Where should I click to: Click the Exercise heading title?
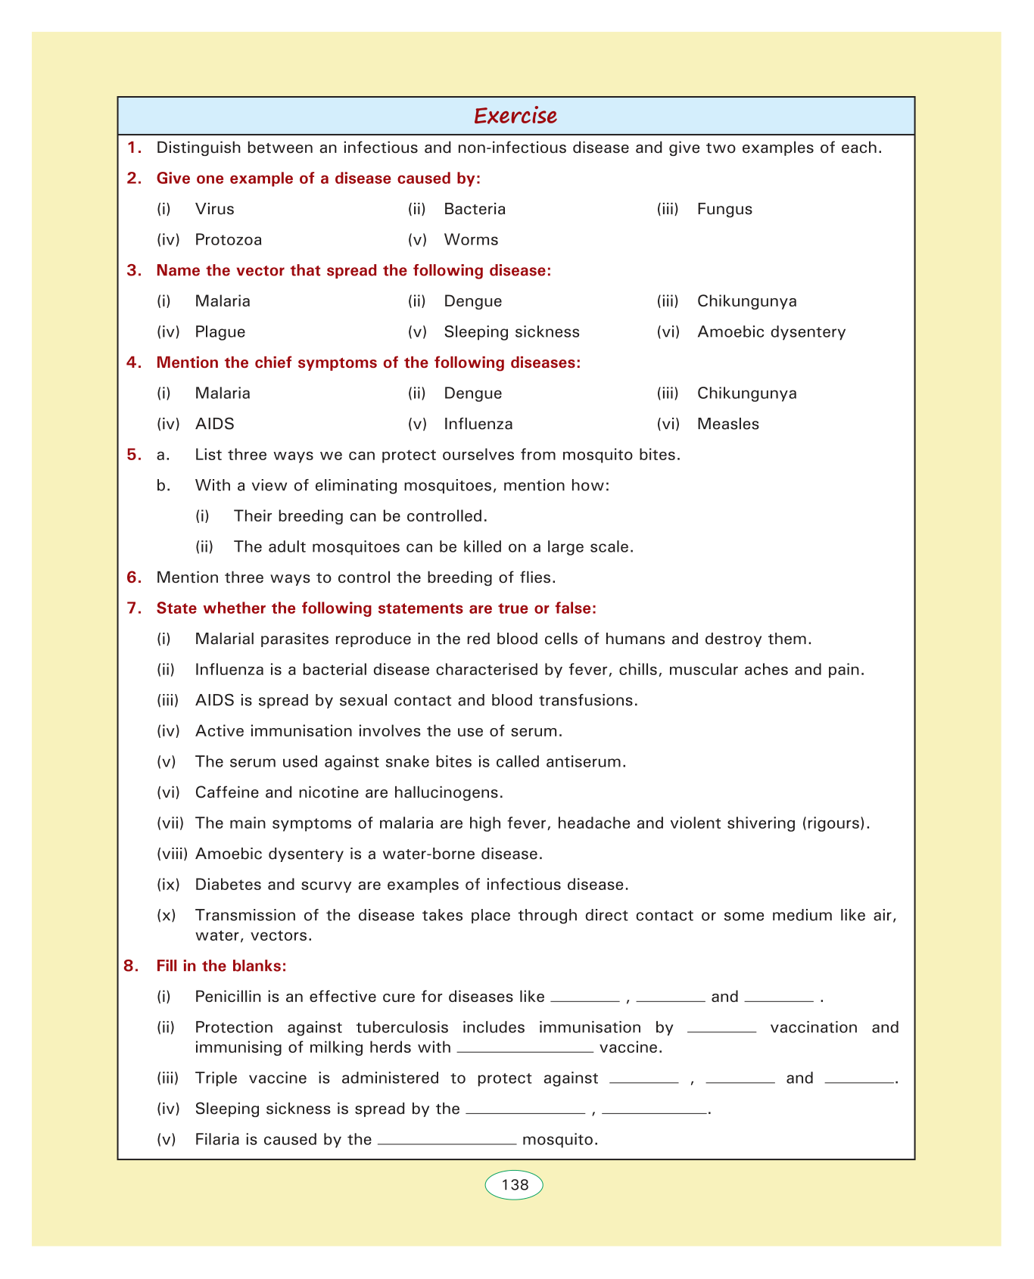(515, 116)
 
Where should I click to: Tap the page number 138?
(515, 1184)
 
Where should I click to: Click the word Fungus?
(724, 209)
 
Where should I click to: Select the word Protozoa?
(228, 240)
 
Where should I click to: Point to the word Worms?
(471, 240)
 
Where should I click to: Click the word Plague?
(220, 331)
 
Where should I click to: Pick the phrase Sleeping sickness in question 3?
(512, 331)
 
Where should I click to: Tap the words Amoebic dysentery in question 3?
(771, 331)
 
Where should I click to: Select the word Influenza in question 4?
(478, 424)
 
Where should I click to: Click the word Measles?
(727, 424)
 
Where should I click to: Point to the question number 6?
(134, 577)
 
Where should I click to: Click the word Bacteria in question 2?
(475, 209)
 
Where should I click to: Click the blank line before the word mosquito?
(447, 1142)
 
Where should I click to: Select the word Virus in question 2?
(214, 209)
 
